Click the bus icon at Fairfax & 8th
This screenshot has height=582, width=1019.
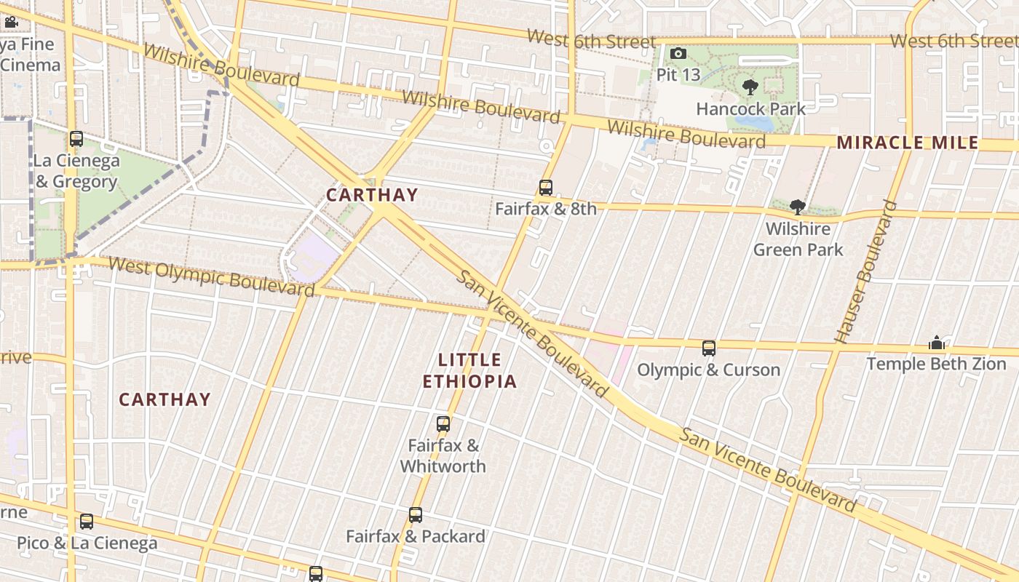tap(546, 188)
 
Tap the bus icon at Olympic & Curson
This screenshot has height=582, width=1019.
tap(709, 348)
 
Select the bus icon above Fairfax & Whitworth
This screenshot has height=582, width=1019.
tap(443, 424)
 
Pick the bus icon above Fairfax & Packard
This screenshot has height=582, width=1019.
tap(416, 515)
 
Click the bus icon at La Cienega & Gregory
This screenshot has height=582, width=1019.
tap(76, 139)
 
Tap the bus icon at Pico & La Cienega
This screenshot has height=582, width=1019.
tap(87, 522)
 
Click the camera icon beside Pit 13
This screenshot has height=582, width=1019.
tap(678, 54)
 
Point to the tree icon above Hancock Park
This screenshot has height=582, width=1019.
tap(750, 88)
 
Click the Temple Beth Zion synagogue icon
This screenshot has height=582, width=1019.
tap(936, 343)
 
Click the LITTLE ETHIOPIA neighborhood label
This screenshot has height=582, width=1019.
tap(470, 370)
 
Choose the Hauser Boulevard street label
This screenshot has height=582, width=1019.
tap(866, 272)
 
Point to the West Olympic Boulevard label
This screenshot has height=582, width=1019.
tap(211, 276)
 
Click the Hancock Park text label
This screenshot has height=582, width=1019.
tap(751, 109)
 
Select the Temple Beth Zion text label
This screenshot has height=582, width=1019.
tap(936, 364)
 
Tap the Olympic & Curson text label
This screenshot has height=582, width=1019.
tap(709, 370)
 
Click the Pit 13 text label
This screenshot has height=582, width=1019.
tap(678, 75)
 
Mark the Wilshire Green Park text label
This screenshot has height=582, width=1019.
tap(798, 239)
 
